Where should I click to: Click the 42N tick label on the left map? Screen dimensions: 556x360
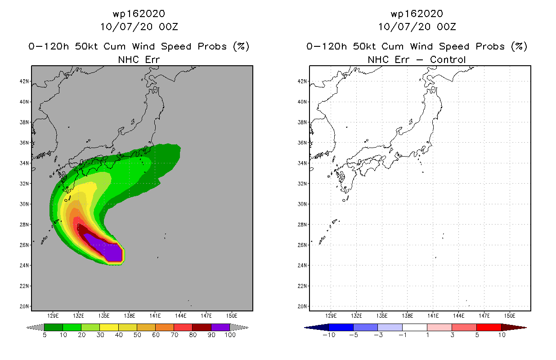click(24, 81)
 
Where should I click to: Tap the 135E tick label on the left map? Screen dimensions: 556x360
click(104, 316)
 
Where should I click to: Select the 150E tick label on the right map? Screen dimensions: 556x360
click(510, 316)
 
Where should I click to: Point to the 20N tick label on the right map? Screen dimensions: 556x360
click(302, 306)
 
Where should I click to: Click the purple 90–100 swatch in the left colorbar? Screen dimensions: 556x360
click(220, 327)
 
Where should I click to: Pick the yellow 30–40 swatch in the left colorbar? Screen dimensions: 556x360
click(109, 327)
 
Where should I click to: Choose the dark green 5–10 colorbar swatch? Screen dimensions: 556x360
click(54, 327)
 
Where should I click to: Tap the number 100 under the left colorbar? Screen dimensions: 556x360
click(230, 335)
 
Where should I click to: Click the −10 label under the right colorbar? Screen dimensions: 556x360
click(329, 335)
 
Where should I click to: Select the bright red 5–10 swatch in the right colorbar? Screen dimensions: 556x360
click(489, 327)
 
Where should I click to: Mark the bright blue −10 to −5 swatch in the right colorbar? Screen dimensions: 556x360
click(341, 327)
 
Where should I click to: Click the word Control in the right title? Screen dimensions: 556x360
click(448, 60)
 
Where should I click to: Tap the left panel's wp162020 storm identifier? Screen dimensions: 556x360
click(139, 14)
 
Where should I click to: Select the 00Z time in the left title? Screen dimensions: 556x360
click(169, 27)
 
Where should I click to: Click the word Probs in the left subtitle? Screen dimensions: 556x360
click(212, 46)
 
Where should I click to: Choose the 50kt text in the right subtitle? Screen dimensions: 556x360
click(364, 46)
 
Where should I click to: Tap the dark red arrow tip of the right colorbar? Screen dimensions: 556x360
click(526, 328)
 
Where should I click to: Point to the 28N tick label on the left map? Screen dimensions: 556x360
click(24, 225)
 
